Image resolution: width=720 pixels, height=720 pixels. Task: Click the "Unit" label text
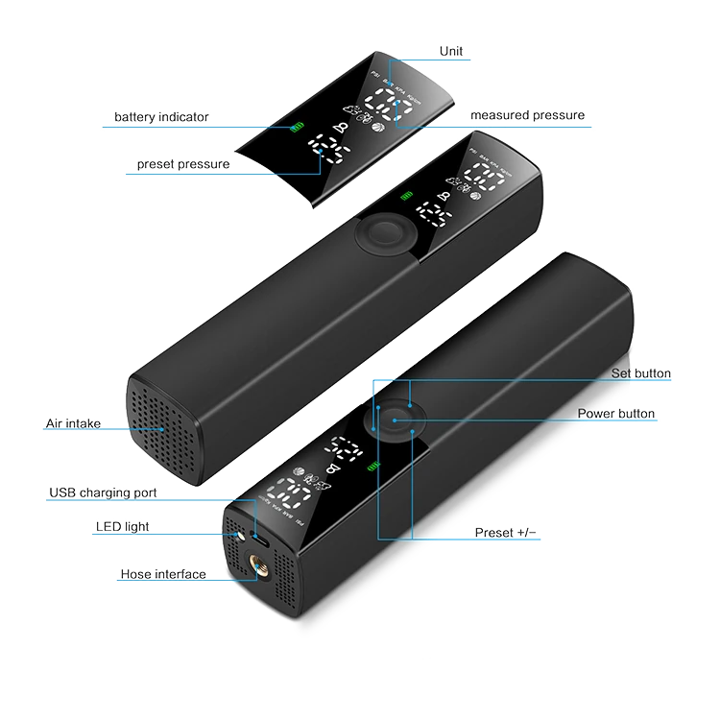tap(449, 51)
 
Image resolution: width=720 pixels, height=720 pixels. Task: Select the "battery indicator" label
tap(161, 117)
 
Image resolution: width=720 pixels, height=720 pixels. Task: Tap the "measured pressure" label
tap(527, 115)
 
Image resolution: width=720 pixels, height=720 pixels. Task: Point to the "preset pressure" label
tap(183, 164)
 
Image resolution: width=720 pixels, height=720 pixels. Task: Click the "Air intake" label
tap(73, 423)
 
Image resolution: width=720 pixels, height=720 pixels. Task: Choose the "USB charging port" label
tap(104, 493)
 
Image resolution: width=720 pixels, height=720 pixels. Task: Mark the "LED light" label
tap(122, 526)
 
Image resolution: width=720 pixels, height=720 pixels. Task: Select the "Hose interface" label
tap(162, 574)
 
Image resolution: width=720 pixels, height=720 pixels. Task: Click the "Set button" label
tap(641, 373)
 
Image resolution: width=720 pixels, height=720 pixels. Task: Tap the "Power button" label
tap(616, 414)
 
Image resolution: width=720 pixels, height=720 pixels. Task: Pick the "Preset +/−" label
tap(506, 532)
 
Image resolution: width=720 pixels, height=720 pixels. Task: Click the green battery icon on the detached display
tap(298, 129)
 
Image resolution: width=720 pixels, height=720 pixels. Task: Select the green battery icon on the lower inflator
tap(374, 468)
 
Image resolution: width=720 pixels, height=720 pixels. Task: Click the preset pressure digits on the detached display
tap(329, 154)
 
